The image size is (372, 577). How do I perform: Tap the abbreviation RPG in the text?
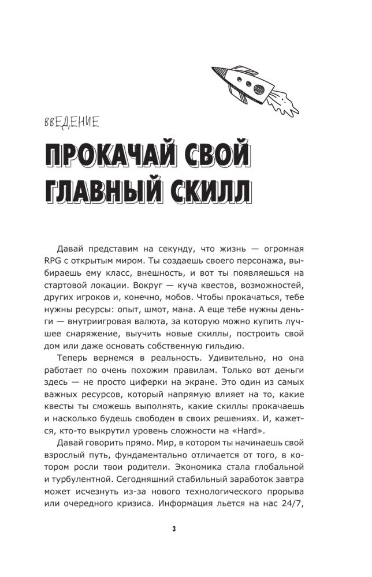[x=54, y=268]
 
